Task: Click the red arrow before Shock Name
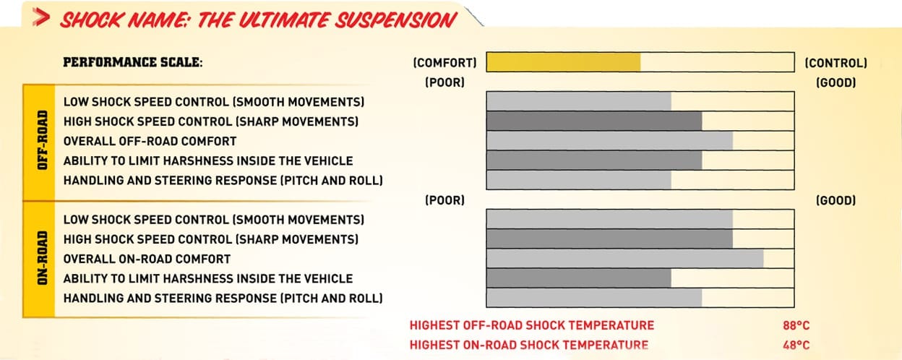41,18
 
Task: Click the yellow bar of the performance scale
563,62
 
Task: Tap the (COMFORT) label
444,63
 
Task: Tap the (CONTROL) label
836,63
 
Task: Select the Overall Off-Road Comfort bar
610,140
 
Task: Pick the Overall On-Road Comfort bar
625,259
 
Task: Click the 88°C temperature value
796,325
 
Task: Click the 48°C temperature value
796,345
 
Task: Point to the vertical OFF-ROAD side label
42,140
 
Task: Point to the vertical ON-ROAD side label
42,258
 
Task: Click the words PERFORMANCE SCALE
132,62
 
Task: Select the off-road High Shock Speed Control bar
594,121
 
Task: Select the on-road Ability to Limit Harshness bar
579,278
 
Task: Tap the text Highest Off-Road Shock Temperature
531,325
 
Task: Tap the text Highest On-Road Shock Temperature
529,345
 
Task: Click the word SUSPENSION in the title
395,20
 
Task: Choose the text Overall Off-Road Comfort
150,142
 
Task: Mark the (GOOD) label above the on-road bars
836,200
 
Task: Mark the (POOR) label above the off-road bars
445,82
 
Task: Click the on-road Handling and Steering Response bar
594,298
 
